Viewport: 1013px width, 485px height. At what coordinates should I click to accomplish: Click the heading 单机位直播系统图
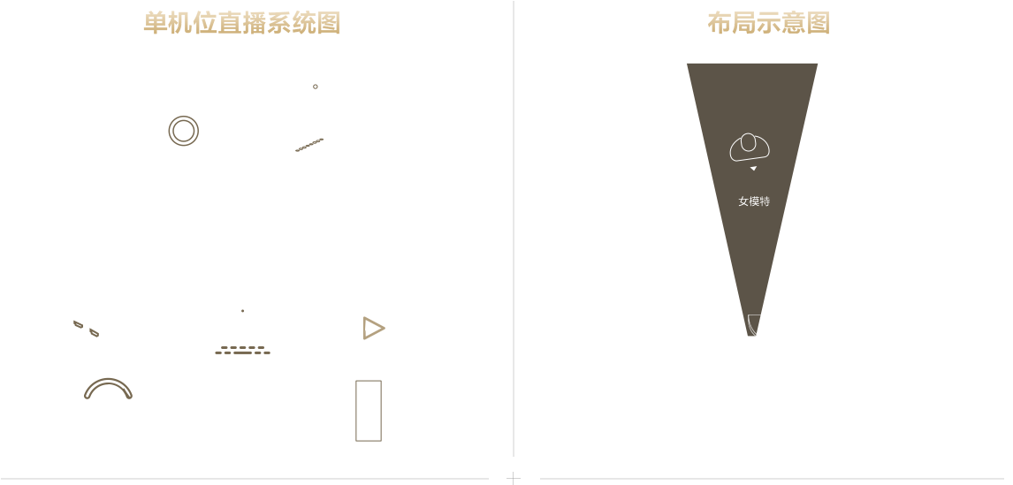pos(241,23)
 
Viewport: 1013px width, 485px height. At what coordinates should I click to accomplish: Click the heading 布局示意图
pos(768,23)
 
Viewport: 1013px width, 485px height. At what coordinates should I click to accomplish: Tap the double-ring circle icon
pos(184,117)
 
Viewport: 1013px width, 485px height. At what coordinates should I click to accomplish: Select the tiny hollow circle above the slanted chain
pos(316,87)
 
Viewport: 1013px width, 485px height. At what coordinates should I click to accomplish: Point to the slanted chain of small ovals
pos(309,145)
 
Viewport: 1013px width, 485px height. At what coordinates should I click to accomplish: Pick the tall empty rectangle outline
pos(356,411)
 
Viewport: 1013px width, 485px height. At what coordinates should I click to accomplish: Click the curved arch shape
pos(108,381)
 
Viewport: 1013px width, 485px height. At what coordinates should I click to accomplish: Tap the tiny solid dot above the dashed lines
pos(243,311)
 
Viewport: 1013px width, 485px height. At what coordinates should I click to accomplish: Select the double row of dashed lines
pos(243,350)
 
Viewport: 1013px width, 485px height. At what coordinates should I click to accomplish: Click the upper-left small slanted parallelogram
pos(78,324)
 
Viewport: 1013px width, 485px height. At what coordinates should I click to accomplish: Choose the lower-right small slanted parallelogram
pos(95,332)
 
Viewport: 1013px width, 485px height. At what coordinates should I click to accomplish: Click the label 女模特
pos(754,201)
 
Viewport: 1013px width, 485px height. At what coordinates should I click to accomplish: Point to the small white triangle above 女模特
pos(753,169)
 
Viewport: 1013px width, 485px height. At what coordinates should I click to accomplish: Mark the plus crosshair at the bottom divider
pos(514,478)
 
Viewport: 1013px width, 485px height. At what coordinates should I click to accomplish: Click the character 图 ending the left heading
pos(329,23)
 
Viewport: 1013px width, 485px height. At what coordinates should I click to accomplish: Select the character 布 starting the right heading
pos(719,23)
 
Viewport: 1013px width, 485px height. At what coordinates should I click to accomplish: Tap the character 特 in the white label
pos(765,201)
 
